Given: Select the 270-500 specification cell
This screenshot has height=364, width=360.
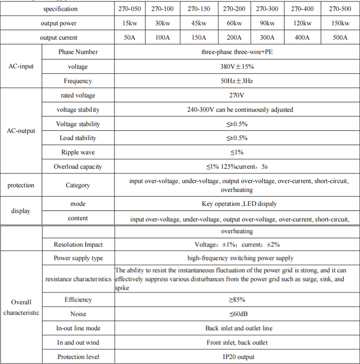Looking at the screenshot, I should pyautogui.click(x=340, y=9).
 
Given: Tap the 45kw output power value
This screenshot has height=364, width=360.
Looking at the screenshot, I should pyautogui.click(x=199, y=23).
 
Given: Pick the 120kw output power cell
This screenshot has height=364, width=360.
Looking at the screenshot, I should pyautogui.click(x=303, y=23).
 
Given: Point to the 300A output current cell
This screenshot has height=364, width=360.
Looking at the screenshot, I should pyautogui.click(x=267, y=38).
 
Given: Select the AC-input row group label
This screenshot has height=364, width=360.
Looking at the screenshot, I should pyautogui.click(x=21, y=66).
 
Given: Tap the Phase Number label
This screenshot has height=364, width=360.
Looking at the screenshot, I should pyautogui.click(x=78, y=52).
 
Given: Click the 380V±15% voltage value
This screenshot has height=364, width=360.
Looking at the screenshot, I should pyautogui.click(x=237, y=66).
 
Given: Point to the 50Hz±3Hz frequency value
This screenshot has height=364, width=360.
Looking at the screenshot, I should pyautogui.click(x=237, y=81).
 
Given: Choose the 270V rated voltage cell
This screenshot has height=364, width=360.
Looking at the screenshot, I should pyautogui.click(x=237, y=95).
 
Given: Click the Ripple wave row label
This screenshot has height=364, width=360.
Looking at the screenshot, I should pyautogui.click(x=78, y=152).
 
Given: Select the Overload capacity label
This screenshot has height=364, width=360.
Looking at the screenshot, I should pyautogui.click(x=78, y=166).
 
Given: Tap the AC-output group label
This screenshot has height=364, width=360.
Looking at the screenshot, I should pyautogui.click(x=21, y=131).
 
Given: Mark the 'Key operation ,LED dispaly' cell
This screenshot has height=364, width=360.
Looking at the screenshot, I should pyautogui.click(x=237, y=204).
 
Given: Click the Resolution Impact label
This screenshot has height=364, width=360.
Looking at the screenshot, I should pyautogui.click(x=78, y=245).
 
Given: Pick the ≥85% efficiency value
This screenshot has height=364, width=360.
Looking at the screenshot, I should pyautogui.click(x=237, y=300).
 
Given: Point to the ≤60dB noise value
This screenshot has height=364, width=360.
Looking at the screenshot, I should pyautogui.click(x=237, y=314).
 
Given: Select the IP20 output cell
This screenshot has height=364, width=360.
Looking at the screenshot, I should pyautogui.click(x=237, y=357).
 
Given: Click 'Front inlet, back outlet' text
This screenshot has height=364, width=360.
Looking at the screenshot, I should pyautogui.click(x=237, y=342).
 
